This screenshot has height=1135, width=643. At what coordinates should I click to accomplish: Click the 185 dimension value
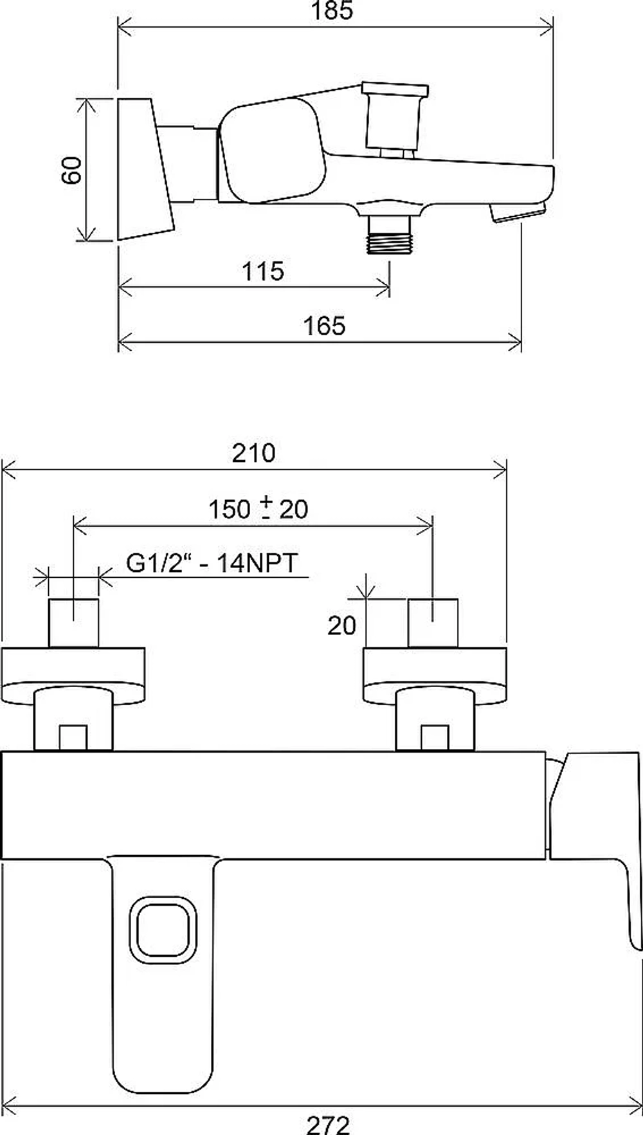332,10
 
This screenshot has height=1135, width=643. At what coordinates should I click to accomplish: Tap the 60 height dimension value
72,171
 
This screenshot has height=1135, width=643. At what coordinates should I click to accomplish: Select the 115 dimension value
263,271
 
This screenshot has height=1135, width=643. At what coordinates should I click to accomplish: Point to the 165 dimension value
325,326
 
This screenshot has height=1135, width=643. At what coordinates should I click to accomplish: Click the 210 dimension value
254,453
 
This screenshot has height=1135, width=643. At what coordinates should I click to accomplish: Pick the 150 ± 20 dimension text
258,509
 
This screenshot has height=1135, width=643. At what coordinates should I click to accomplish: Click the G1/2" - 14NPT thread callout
212,564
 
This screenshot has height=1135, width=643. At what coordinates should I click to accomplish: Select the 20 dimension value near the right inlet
341,625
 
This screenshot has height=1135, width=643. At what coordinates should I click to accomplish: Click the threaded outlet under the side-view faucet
389,234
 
